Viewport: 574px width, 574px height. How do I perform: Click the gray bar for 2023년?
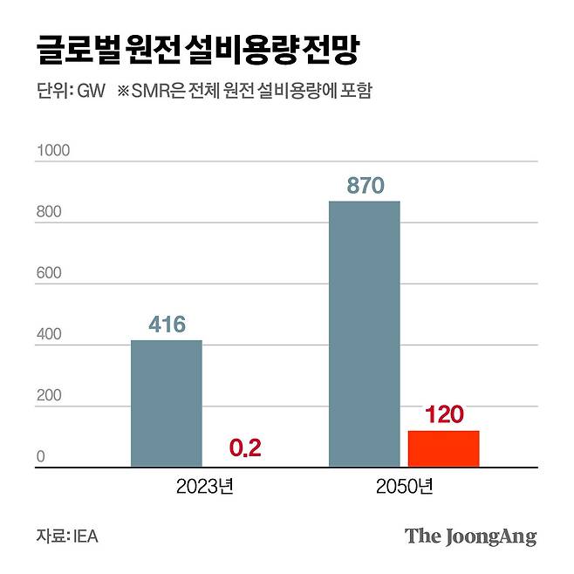click(166, 403)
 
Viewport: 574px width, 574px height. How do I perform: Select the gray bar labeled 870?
click(364, 334)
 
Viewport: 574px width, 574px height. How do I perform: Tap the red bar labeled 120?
click(443, 448)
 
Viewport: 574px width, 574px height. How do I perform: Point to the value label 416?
click(167, 325)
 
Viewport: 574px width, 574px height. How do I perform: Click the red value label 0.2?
click(245, 448)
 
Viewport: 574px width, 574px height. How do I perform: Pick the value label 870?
click(365, 186)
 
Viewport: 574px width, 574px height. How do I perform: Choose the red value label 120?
click(443, 414)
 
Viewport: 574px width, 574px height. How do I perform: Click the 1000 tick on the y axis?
click(52, 151)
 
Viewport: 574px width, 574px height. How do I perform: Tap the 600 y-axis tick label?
click(49, 273)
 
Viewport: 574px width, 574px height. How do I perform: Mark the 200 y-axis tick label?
click(49, 395)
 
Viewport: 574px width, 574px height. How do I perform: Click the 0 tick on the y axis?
click(40, 456)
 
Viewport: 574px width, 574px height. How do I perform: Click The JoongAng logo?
click(470, 535)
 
